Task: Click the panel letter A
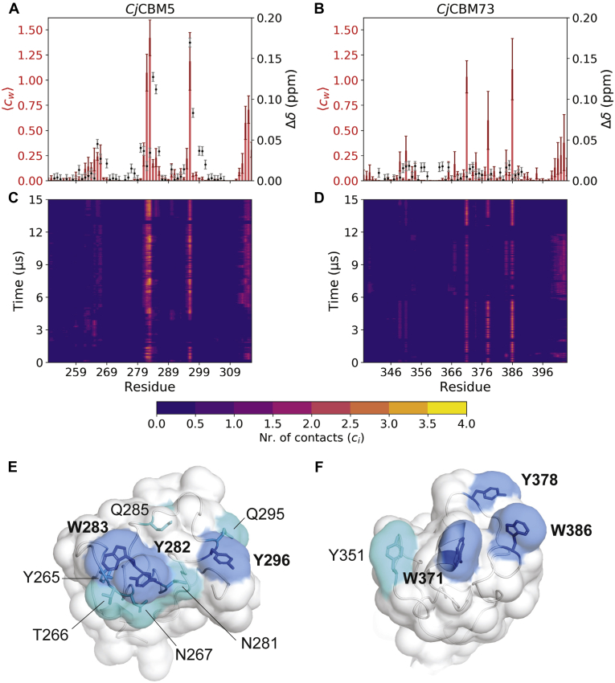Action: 9,9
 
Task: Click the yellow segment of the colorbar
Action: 447,407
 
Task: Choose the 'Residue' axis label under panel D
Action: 464,386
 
